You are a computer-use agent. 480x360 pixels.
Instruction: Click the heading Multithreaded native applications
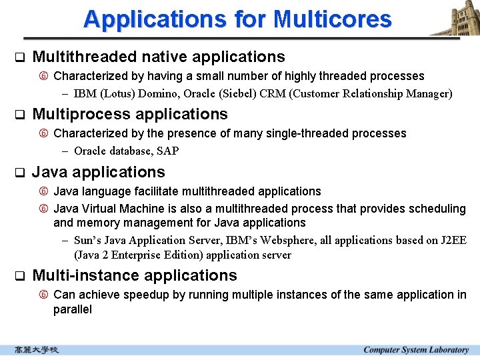pos(158,57)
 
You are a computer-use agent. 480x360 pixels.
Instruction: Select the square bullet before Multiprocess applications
pos(19,115)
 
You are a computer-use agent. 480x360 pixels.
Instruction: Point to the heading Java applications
pos(98,172)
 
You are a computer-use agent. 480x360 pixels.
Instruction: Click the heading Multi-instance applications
pos(134,275)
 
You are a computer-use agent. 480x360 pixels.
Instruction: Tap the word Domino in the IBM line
pos(151,93)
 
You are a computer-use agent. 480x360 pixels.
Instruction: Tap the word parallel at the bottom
pos(73,309)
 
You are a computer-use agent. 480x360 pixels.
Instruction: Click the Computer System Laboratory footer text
pos(415,350)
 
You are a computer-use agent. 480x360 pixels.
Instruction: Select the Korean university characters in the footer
pos(37,350)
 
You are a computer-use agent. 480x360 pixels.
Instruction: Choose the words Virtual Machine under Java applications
pos(115,209)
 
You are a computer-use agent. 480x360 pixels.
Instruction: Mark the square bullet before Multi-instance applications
pos(19,276)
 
